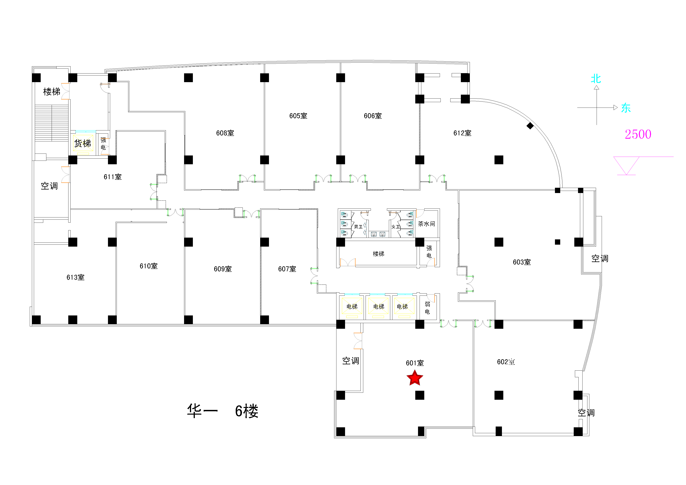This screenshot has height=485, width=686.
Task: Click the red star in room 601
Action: coord(415,378)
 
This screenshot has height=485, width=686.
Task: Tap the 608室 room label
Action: coord(225,133)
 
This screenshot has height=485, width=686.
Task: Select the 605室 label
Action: coord(298,116)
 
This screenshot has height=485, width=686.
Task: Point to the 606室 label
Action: coord(373,116)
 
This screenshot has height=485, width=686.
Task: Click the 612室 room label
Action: coord(462,133)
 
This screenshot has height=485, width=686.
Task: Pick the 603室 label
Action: coord(522,262)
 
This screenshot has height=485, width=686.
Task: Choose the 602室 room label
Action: coord(506,362)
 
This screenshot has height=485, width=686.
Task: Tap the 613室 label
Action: coord(75,278)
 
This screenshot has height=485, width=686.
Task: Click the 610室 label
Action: coord(148,266)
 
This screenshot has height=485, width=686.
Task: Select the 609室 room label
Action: coord(223,269)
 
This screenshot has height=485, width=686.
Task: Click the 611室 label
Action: coord(113,177)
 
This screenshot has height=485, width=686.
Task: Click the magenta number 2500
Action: coord(638,134)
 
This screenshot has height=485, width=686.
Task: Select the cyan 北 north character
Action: coord(596,79)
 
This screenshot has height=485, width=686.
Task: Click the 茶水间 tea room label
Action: coord(426,224)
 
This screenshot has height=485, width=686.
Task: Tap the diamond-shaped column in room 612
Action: coord(530,126)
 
